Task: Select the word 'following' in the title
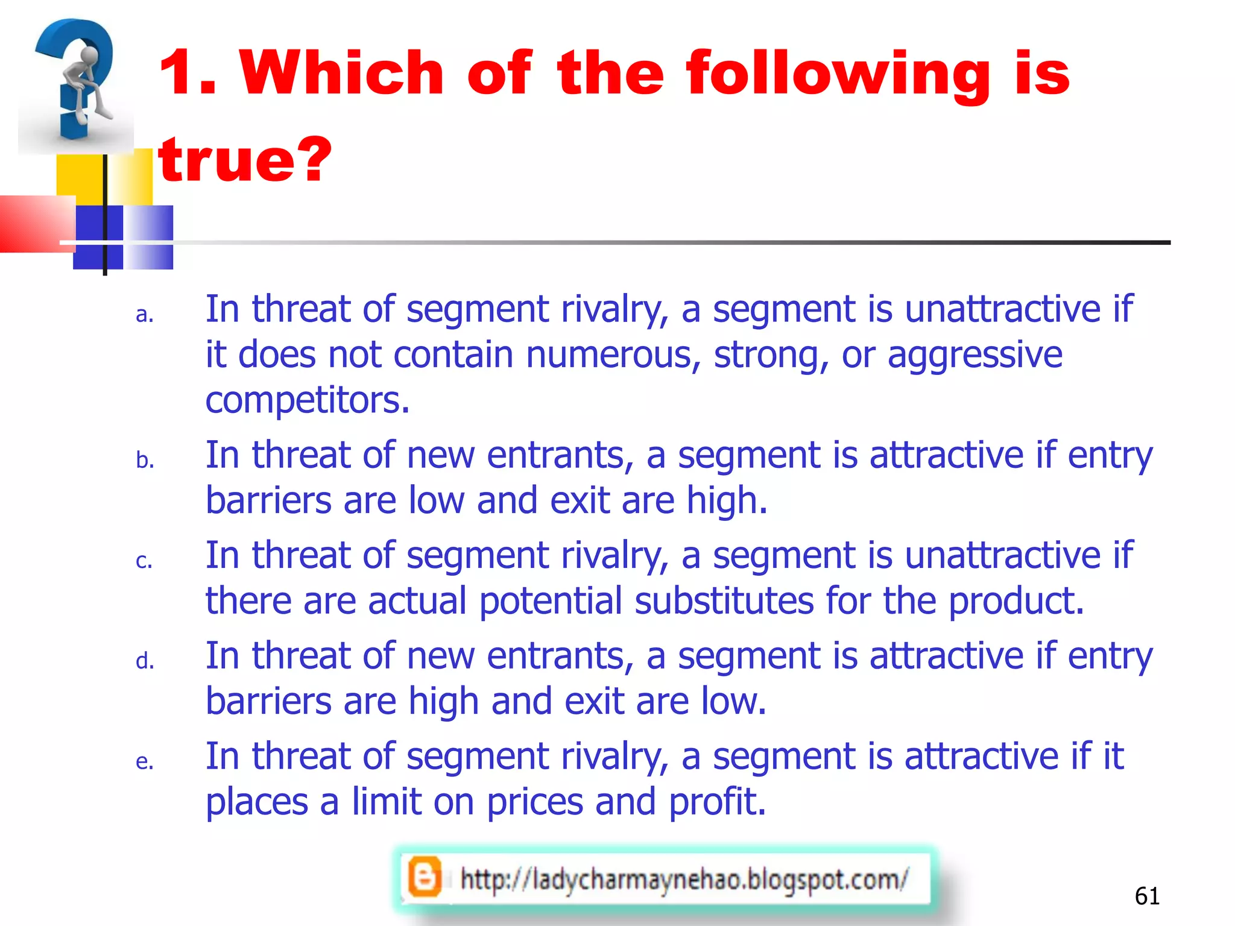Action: [x=838, y=75]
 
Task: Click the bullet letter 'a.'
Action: [x=145, y=315]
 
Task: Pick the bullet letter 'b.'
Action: [x=145, y=461]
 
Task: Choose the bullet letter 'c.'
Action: [x=144, y=561]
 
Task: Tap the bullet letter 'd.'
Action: [x=145, y=661]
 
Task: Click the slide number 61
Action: [x=1147, y=896]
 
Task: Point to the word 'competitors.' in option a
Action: [x=308, y=400]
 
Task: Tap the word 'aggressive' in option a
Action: [x=974, y=354]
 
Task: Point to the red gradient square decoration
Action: [x=36, y=223]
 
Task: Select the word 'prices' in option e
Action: [x=535, y=802]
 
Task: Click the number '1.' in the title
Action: [x=188, y=75]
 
